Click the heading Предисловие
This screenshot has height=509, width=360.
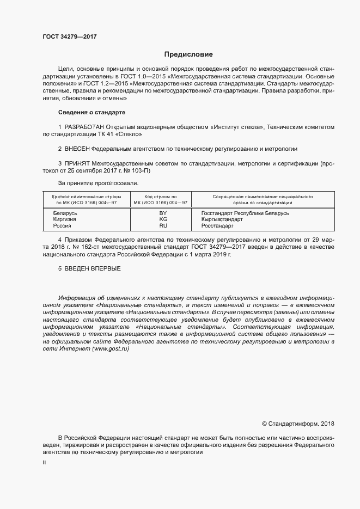pos(188,54)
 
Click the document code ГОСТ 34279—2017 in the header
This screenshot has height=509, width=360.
pos(70,36)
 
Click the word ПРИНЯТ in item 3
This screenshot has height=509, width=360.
pos(77,163)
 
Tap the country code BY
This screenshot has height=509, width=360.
pos(163,213)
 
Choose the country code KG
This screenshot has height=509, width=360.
pos(163,219)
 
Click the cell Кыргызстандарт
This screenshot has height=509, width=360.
pos(222,219)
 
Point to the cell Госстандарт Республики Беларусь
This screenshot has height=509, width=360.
pos(245,213)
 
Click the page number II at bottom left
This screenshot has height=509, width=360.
pos(44,462)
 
